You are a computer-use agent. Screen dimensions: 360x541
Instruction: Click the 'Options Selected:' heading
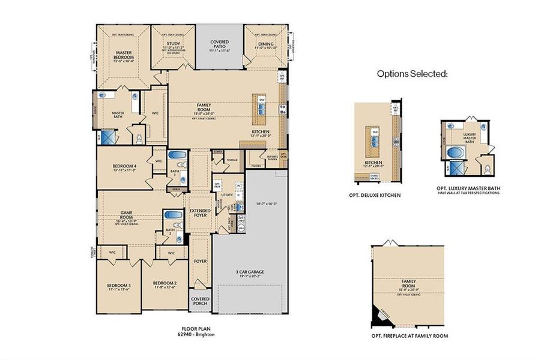412,74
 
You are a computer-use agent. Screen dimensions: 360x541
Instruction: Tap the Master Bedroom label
124,56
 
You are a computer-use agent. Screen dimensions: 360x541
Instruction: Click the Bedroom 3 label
119,285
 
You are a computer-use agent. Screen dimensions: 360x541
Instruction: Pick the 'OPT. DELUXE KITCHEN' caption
375,195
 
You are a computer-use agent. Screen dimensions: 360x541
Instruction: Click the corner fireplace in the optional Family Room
381,313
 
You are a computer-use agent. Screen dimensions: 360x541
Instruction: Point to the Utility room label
226,195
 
